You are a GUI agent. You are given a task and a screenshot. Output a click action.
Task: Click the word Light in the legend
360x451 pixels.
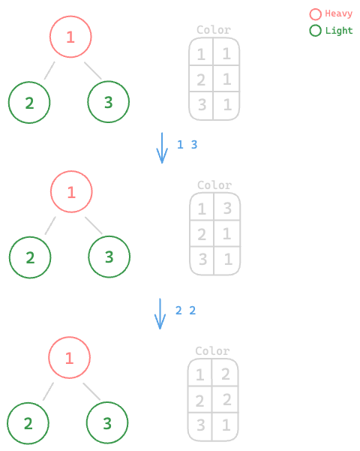pos(339,31)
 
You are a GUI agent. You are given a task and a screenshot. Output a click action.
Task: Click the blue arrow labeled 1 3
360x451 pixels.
pos(162,148)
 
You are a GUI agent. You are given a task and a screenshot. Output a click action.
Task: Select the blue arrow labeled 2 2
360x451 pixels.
pos(160,314)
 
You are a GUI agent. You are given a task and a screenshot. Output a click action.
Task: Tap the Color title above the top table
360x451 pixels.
pos(214,30)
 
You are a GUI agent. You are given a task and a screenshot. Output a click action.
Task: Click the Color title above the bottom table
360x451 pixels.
pos(212,351)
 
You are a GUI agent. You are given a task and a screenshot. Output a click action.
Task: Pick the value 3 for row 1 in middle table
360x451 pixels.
pos(227,209)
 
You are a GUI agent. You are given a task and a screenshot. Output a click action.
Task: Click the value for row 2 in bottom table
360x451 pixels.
pos(226,399)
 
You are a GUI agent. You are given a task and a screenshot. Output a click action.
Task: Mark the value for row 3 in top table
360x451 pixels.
pos(227,104)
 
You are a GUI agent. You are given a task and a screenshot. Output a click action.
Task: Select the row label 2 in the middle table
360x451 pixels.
pos(202,234)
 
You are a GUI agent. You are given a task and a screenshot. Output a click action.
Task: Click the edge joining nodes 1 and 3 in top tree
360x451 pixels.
pos(93,71)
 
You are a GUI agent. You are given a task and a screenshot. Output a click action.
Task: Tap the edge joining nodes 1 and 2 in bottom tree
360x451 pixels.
pos(48,392)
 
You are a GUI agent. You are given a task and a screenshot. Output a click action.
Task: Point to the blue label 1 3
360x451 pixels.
pos(187,145)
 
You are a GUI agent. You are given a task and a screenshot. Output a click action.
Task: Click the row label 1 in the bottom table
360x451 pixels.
pos(199,374)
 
